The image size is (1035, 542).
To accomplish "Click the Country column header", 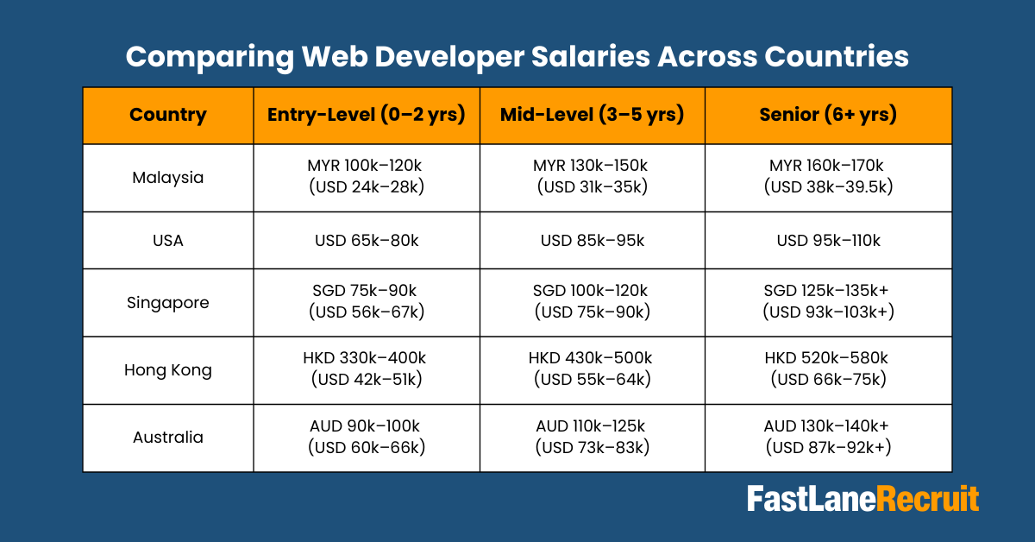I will point(168,115).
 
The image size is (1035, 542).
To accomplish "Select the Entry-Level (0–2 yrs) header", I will point(367,115).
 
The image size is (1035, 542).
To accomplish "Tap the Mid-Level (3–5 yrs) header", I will point(593,115).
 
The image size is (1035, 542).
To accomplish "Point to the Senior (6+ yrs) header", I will point(828,115).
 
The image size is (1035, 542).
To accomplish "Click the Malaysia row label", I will point(168,178).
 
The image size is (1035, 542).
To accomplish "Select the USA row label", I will point(168,241).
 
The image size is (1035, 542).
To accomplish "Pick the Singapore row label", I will point(168,303).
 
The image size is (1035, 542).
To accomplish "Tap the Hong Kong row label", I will point(168,370).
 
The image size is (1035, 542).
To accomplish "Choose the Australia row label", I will point(168,438).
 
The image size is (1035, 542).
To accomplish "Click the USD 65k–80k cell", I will point(367,241).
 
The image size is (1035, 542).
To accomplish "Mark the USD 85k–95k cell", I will point(593,241).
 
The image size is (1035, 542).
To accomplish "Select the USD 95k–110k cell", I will point(828,241).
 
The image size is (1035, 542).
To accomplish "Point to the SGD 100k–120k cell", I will point(593,302).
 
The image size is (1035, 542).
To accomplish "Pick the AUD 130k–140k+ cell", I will point(828,437).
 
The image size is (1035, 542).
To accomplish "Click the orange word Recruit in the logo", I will point(928,500).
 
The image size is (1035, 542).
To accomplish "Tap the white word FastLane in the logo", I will point(811,500).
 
